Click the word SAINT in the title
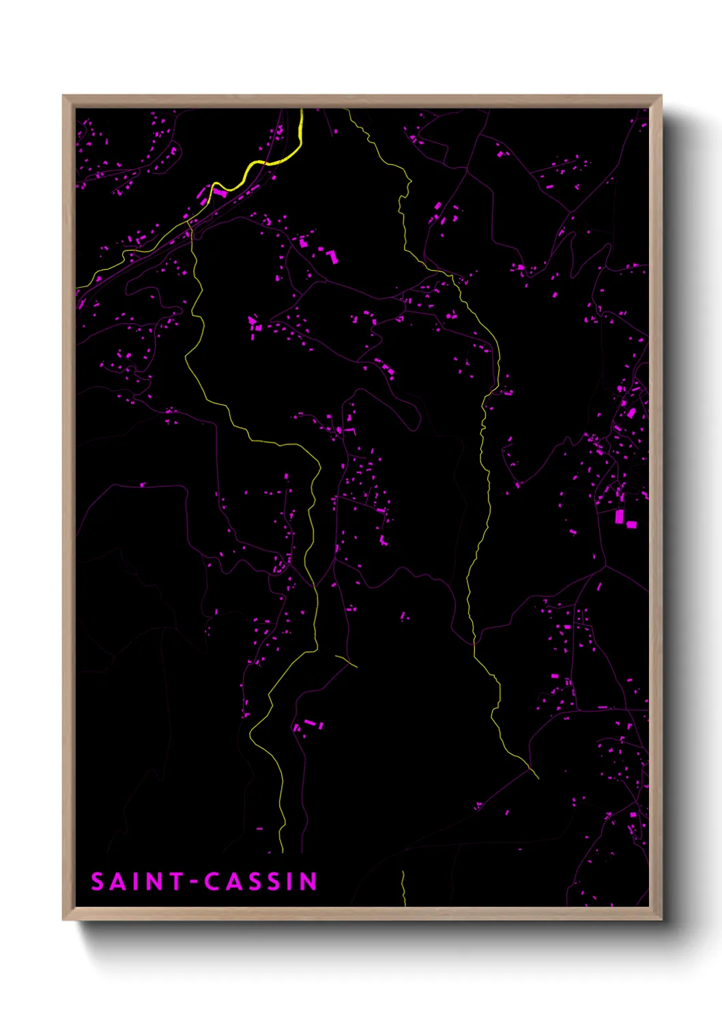point(137,882)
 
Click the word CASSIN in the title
point(261,882)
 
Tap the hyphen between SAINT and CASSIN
point(194,882)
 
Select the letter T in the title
point(176,882)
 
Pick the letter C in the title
point(213,882)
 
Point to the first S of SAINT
point(98,882)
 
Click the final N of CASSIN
point(309,882)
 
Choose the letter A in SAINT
point(118,882)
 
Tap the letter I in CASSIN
point(291,882)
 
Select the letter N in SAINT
point(155,882)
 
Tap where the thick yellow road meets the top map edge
point(301,110)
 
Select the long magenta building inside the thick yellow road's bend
point(220,193)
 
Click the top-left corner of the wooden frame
point(63,96)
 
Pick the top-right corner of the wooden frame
point(661,96)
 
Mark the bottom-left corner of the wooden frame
point(63,919)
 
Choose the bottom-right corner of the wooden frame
point(661,919)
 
